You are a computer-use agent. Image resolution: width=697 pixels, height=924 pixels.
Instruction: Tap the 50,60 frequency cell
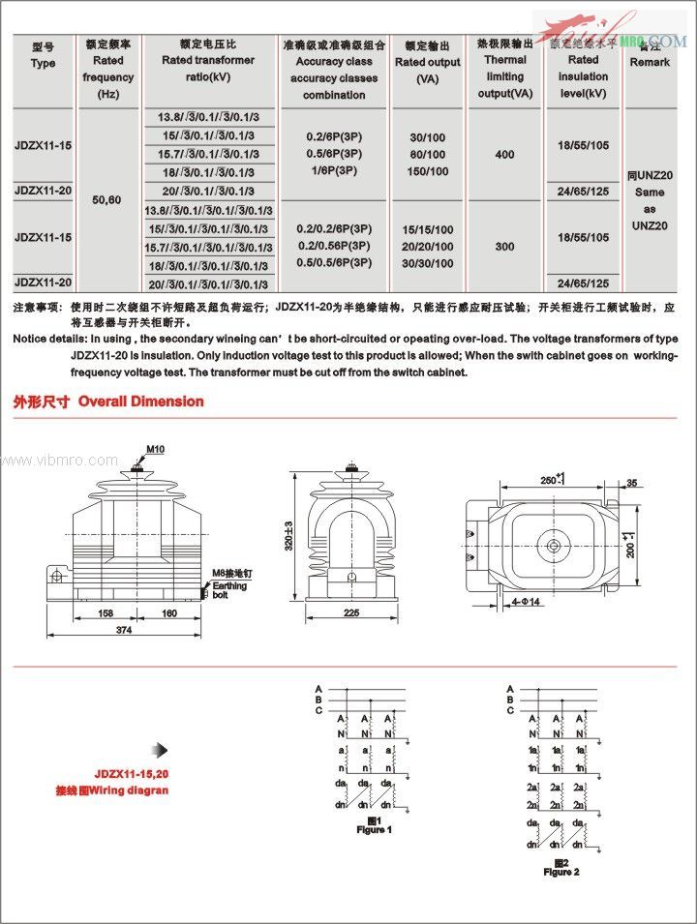tap(106, 199)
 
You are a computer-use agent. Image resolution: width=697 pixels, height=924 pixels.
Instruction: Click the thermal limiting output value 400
tap(504, 155)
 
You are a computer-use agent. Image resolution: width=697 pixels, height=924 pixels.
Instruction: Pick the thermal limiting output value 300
tap(504, 247)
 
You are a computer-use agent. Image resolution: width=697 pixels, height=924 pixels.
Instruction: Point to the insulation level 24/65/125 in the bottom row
tap(584, 283)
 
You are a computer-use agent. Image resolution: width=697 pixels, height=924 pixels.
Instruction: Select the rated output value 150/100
tap(430, 172)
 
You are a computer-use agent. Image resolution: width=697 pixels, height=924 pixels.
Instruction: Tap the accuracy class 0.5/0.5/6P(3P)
tap(333, 263)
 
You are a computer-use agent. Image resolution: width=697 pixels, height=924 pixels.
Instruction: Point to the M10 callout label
tap(156, 449)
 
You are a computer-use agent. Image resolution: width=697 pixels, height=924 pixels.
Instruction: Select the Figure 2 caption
tap(561, 868)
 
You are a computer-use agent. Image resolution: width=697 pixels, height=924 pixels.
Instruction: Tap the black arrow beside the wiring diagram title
tap(162, 750)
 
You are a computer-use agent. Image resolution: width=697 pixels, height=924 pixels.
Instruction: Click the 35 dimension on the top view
tap(632, 482)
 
